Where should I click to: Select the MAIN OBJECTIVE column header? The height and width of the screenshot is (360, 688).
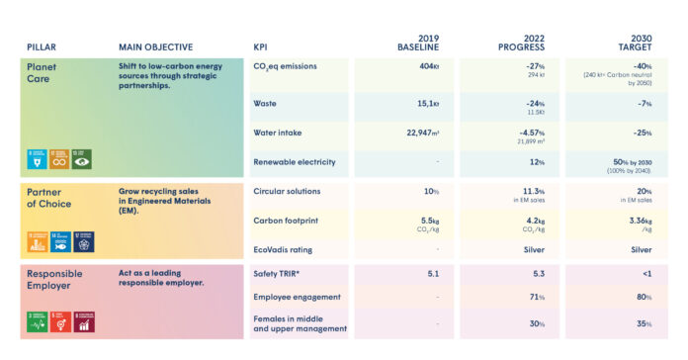[155, 46]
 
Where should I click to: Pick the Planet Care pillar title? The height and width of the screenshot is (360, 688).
[44, 72]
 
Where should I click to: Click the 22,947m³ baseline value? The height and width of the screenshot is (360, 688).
[416, 133]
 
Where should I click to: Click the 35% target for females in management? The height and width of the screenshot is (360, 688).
[643, 322]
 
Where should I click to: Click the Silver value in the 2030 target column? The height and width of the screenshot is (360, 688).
[640, 249]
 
